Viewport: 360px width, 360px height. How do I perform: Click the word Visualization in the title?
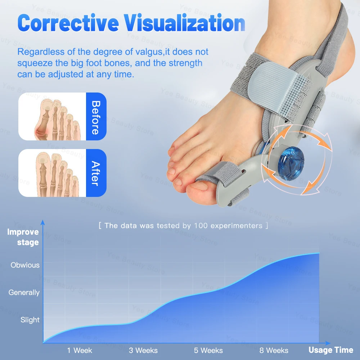(184, 23)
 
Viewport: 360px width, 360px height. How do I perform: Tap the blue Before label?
(96, 117)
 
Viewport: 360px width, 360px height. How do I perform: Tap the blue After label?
(96, 173)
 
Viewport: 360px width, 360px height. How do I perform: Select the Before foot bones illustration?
(53, 117)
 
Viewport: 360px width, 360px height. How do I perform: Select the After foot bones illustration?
(53, 173)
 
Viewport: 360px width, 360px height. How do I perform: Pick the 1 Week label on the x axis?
(80, 350)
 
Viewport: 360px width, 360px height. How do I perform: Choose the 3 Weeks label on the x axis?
(143, 350)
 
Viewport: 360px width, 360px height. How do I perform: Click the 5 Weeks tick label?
(209, 350)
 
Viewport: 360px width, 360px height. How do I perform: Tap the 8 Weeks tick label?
(274, 350)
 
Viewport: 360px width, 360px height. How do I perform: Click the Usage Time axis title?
(330, 350)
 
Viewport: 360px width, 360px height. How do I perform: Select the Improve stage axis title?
(23, 237)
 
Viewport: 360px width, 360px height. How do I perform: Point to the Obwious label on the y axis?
(25, 265)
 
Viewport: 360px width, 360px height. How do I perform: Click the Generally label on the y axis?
(24, 293)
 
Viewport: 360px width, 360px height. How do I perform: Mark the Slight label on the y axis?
(30, 320)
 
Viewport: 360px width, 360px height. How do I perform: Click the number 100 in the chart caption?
(200, 226)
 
